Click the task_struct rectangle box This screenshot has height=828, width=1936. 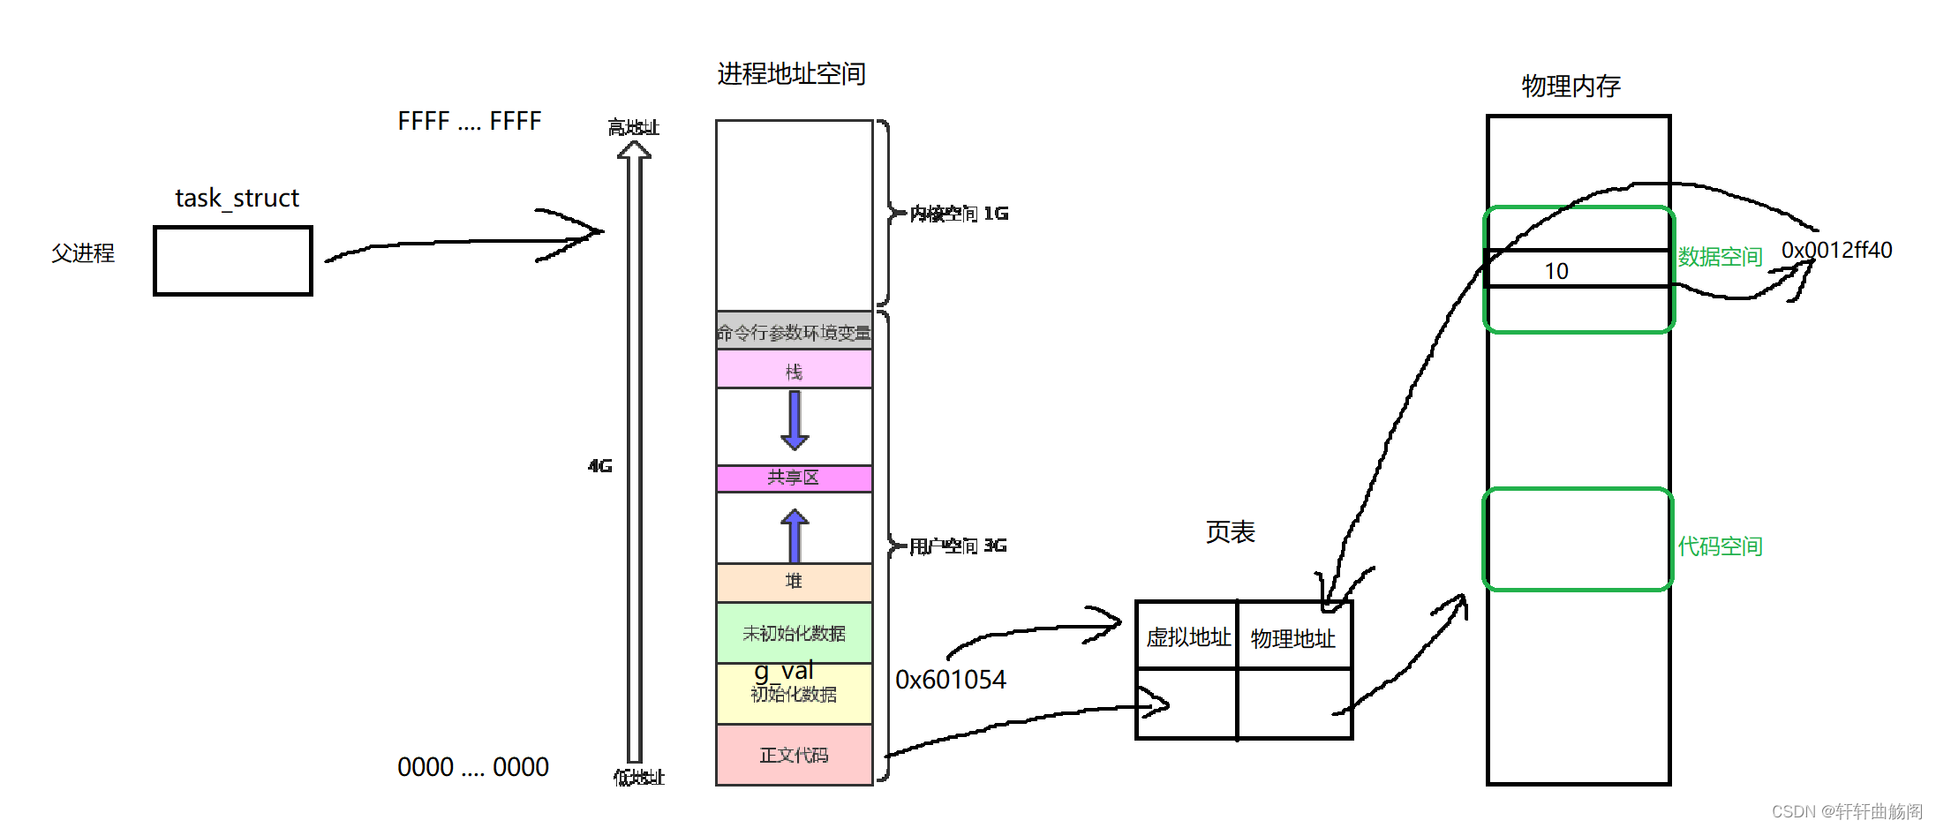tap(233, 260)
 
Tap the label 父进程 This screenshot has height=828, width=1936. tap(83, 253)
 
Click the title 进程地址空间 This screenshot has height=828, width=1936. tap(791, 74)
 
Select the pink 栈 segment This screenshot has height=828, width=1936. tap(794, 370)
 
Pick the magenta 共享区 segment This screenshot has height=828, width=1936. tap(794, 478)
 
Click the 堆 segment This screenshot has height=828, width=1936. tap(794, 582)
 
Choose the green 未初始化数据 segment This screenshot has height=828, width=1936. tap(794, 632)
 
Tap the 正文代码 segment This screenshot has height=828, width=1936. tap(794, 755)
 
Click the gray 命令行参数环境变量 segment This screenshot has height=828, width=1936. tap(794, 331)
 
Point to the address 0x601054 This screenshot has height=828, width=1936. tap(950, 680)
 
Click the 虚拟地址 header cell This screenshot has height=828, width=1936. tap(1187, 636)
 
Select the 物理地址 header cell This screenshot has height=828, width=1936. tap(1293, 637)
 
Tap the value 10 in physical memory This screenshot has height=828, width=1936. tap(1556, 271)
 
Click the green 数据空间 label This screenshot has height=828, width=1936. tap(1720, 257)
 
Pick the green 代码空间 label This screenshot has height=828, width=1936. tap(1720, 546)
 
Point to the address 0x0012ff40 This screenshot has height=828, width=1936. tap(1836, 251)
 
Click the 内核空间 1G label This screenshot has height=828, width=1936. tap(959, 214)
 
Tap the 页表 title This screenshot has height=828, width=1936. tap(1230, 532)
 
